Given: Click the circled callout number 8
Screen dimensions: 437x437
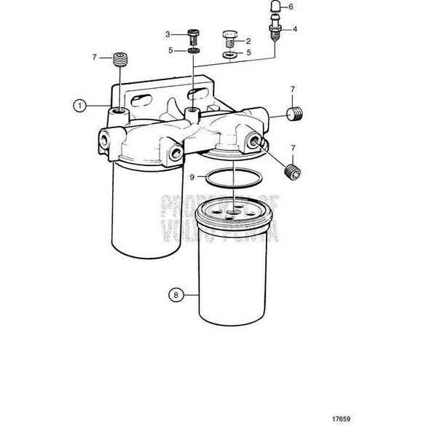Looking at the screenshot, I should point(176,295).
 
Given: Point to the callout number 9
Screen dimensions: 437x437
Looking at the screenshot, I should point(172,177).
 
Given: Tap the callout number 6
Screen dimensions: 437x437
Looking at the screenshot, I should point(291,7).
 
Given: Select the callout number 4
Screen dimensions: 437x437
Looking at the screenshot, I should point(294,29).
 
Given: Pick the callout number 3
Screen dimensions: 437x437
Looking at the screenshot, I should point(167,34).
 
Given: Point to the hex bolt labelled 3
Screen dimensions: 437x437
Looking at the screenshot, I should point(192,36).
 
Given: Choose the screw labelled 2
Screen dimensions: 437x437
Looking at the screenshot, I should point(229,37).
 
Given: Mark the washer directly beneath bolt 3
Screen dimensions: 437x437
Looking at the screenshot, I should point(192,52).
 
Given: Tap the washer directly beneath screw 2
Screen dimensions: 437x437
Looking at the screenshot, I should point(229,55).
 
